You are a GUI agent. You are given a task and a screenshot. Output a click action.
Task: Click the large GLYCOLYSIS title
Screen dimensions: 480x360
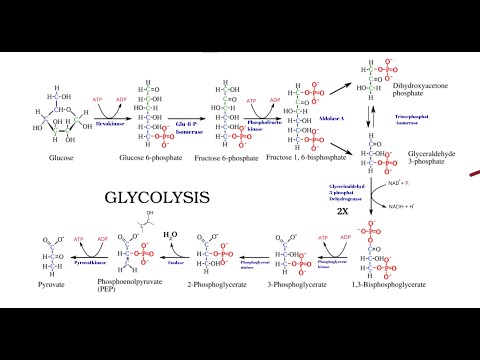coord(156,196)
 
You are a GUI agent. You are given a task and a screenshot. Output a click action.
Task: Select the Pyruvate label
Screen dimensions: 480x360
coord(58,284)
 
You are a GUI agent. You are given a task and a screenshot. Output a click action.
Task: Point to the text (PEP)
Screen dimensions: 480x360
coord(140,292)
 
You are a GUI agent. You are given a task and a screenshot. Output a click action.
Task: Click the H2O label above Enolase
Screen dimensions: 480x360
coord(172,233)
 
